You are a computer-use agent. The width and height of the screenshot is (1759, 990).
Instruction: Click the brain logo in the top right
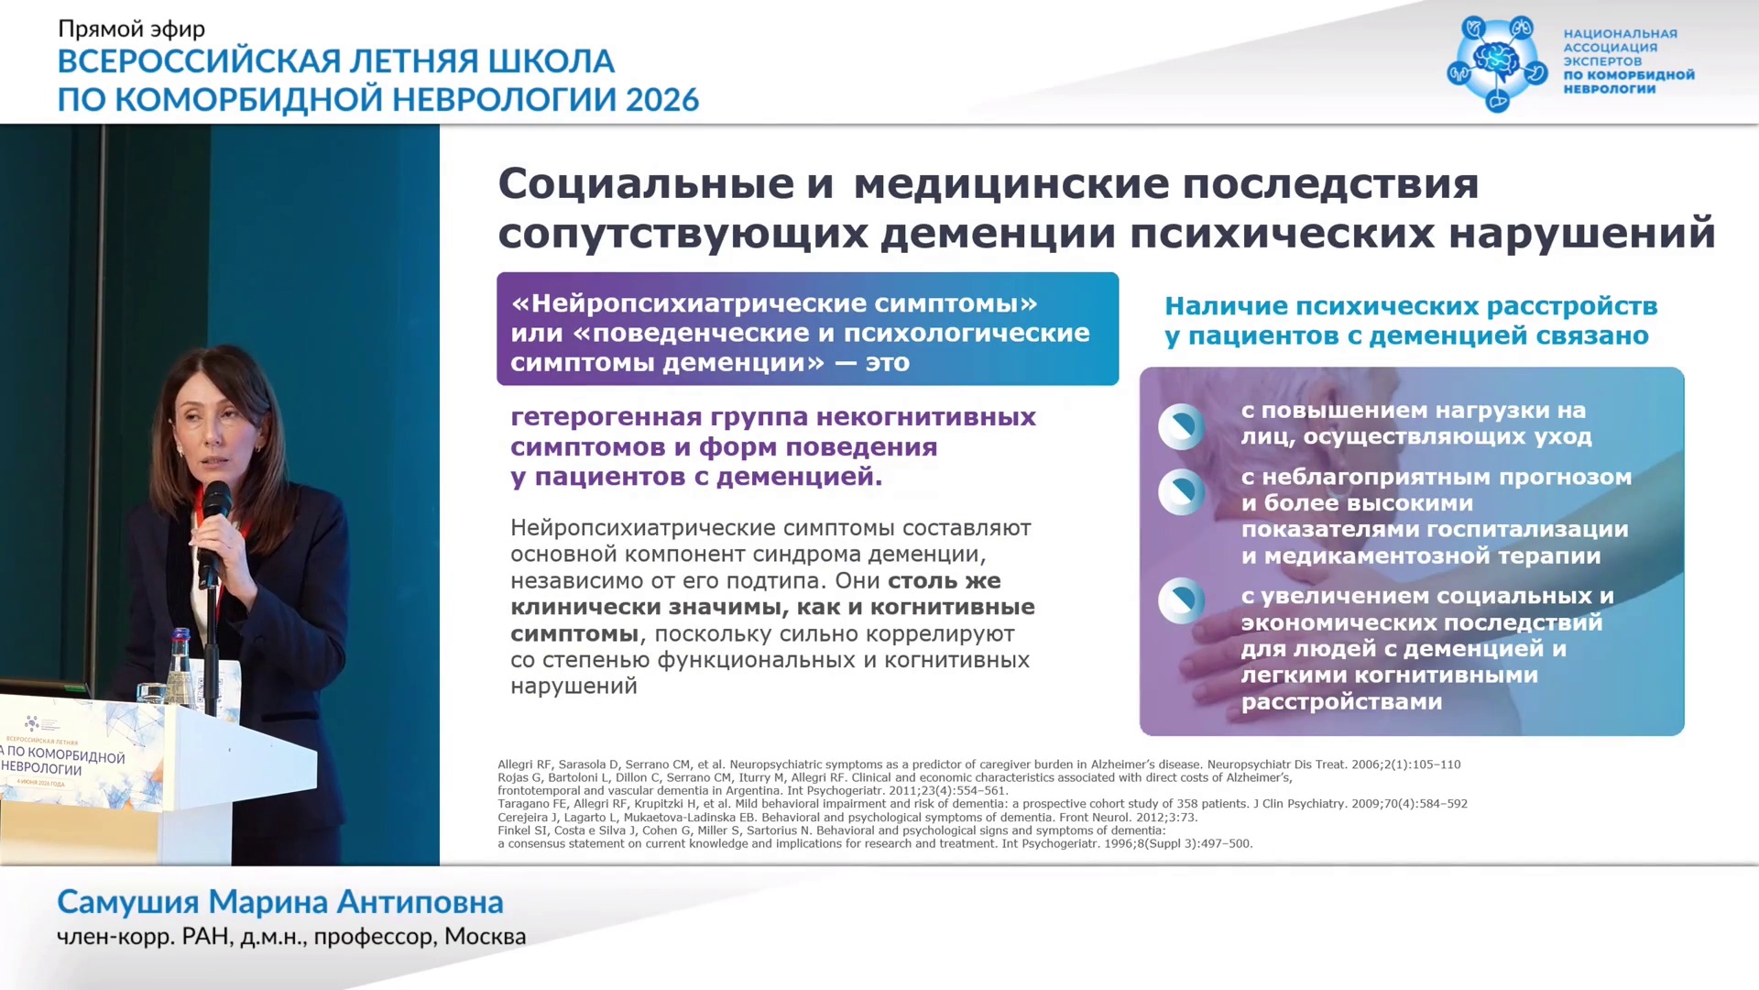tap(1498, 63)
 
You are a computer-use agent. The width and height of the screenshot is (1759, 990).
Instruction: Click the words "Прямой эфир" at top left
tap(131, 29)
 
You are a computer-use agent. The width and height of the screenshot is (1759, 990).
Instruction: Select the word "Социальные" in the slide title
tap(646, 183)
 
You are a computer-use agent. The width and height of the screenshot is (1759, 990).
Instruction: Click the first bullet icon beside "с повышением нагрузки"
tap(1181, 426)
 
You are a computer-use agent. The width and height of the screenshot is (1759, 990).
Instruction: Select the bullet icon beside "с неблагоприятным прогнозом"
tap(1181, 492)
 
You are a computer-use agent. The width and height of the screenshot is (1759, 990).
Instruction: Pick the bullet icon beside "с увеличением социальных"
tap(1181, 600)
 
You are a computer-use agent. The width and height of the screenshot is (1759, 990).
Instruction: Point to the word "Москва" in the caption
tap(486, 937)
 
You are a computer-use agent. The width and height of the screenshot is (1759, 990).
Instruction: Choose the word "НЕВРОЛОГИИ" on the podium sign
tap(41, 768)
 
